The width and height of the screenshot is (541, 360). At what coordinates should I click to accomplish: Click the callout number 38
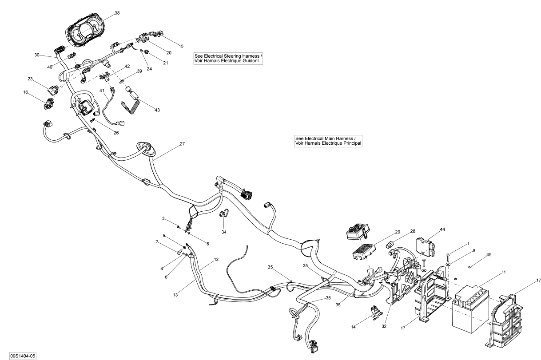(117, 13)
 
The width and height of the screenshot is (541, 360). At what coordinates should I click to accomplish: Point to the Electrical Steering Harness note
(228, 58)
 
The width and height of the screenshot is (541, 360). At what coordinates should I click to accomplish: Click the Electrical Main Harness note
(328, 141)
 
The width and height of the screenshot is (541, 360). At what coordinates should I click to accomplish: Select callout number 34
(223, 231)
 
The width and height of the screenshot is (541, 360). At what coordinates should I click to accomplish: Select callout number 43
(157, 110)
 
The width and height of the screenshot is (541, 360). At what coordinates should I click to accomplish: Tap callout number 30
(37, 55)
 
